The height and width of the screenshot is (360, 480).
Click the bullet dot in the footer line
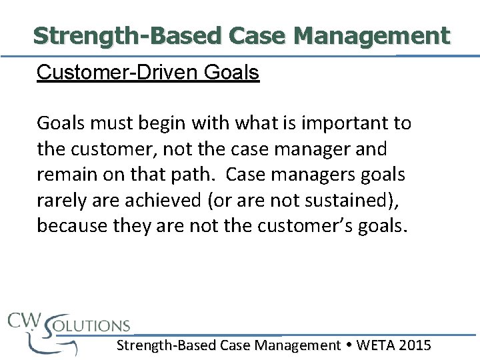349,345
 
